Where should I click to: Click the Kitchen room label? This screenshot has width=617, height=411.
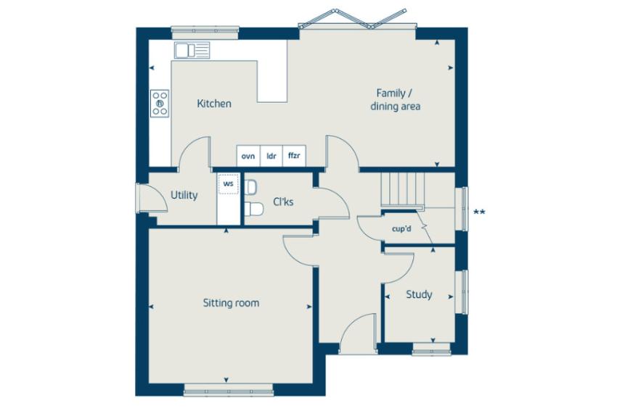[214, 104]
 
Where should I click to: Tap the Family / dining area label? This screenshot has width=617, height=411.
[395, 100]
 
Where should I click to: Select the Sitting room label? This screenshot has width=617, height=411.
[231, 303]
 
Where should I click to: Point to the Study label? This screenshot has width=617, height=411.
[419, 294]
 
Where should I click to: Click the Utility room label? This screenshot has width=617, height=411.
[184, 195]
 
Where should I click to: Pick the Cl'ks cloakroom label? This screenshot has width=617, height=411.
[283, 202]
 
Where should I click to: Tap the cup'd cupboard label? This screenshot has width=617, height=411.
[401, 228]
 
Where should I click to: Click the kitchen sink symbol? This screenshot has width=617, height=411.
[192, 50]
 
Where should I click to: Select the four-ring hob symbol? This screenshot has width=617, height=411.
[160, 104]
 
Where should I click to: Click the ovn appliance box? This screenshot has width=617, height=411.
[248, 156]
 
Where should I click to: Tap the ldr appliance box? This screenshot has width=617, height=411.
[271, 156]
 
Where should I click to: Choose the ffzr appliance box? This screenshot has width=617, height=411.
[294, 156]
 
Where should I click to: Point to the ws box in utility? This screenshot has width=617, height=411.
[228, 184]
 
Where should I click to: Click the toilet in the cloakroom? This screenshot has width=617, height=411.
[253, 209]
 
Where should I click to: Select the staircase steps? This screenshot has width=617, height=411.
[403, 189]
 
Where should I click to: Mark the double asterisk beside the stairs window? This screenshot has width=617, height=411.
[479, 212]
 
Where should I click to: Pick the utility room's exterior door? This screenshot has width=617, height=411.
[151, 198]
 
